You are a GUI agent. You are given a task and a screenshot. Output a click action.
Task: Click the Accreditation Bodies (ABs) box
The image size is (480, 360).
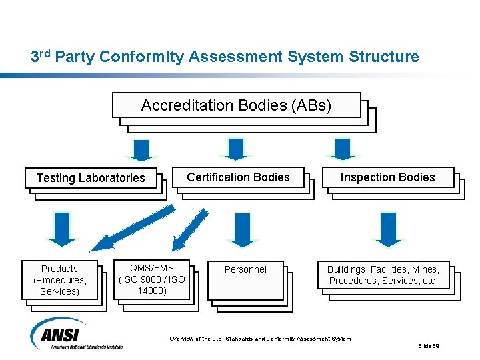tap(237, 105)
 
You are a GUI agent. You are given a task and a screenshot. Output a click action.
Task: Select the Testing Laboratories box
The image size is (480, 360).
tap(91, 177)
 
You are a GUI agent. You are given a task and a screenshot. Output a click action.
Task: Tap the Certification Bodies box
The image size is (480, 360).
tap(238, 177)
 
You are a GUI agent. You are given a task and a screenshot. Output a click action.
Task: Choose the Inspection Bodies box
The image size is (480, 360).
tap(387, 177)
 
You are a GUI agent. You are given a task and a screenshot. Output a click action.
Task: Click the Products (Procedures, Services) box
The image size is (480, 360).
tap(60, 280)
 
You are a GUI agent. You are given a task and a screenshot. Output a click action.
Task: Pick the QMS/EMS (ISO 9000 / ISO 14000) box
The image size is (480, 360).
tap(151, 279)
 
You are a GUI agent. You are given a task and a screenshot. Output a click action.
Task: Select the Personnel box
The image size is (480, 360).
tap(245, 279)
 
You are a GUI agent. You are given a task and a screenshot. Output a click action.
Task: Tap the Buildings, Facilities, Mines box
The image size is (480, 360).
tap(383, 275)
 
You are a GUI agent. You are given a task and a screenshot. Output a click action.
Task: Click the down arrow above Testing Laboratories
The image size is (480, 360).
tap(141, 149)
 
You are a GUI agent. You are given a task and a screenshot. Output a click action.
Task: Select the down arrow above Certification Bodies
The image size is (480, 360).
tap(235, 149)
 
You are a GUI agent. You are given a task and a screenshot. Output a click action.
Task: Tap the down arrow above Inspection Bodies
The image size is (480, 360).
tap(342, 149)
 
